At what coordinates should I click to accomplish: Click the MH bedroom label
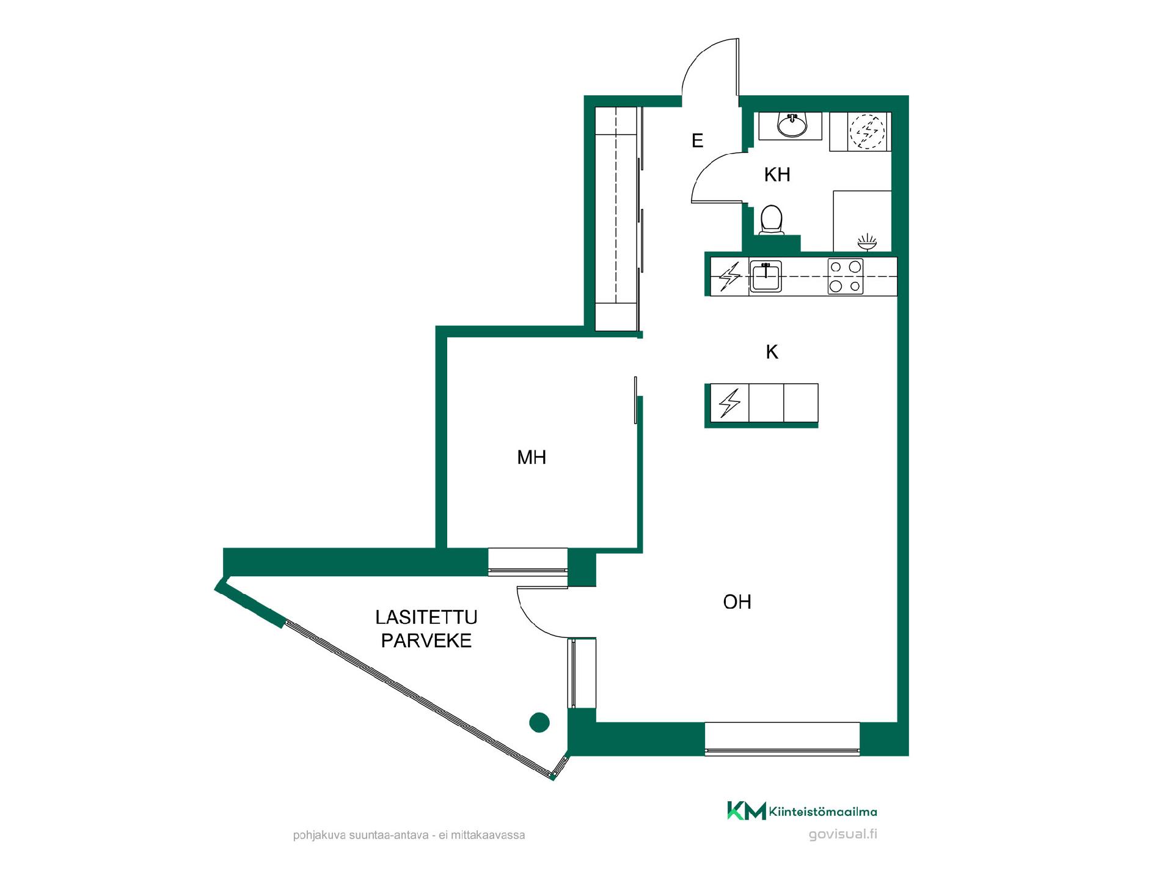pos(532,457)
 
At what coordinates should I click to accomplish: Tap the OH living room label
pos(737,602)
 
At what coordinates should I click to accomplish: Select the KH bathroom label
pos(777,175)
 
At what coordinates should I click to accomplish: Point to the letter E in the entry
pos(697,141)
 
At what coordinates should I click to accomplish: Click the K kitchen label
pos(772,352)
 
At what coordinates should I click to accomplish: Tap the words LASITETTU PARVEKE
pos(426,629)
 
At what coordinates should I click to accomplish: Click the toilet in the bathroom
pos(772,220)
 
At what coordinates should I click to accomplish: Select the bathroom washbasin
pos(792,125)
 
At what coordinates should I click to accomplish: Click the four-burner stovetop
pos(846,276)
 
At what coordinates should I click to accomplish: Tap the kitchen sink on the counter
pos(766,276)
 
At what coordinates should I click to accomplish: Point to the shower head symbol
pos(867,242)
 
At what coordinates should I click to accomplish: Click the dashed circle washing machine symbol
pos(867,132)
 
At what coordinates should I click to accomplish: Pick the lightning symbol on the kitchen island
pos(729,403)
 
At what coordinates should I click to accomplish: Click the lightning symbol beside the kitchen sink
pos(729,277)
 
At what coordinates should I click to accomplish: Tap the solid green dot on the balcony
pos(539,722)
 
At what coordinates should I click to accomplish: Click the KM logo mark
pos(746,810)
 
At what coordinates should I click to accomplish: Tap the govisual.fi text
pos(842,834)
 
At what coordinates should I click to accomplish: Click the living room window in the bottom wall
pos(782,739)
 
